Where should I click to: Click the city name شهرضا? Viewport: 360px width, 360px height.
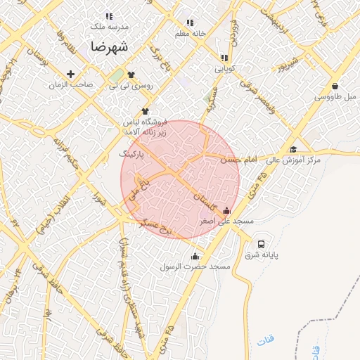click(x=109, y=47)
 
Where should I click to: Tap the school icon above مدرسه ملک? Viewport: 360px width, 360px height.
click(x=108, y=16)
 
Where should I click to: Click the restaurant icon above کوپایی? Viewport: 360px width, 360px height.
click(x=224, y=58)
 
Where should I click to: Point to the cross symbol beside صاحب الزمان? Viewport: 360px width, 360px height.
click(x=70, y=74)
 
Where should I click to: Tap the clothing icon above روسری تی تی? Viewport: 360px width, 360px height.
click(x=131, y=74)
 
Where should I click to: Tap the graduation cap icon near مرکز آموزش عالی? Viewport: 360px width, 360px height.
click(x=293, y=149)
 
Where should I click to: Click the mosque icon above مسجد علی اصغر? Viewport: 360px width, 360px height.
click(x=226, y=210)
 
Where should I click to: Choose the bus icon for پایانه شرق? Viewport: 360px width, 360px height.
click(x=262, y=244)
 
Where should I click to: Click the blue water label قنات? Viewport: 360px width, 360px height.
click(x=268, y=340)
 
